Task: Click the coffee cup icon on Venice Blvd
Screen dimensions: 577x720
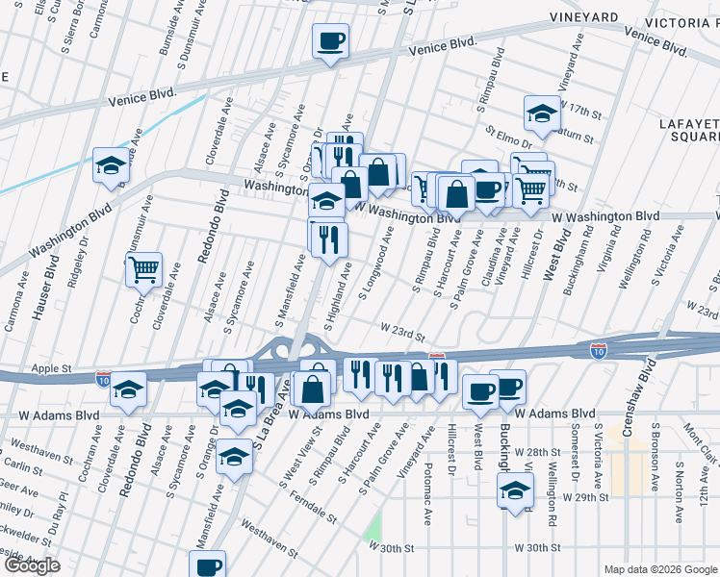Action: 330,41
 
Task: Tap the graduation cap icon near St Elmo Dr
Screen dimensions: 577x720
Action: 542,113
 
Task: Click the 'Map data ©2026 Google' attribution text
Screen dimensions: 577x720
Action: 659,569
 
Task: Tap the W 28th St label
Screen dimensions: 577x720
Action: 536,451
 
